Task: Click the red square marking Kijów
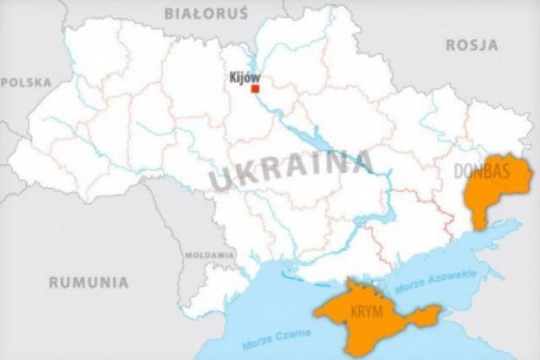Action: click(x=255, y=89)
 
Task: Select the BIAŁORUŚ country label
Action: click(x=194, y=12)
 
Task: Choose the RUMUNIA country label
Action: click(x=89, y=282)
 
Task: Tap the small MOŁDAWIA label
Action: click(x=209, y=255)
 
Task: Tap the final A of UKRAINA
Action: click(x=363, y=161)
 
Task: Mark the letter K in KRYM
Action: click(x=349, y=311)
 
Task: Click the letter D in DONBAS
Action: click(x=460, y=172)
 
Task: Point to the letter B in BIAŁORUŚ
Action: click(x=168, y=12)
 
